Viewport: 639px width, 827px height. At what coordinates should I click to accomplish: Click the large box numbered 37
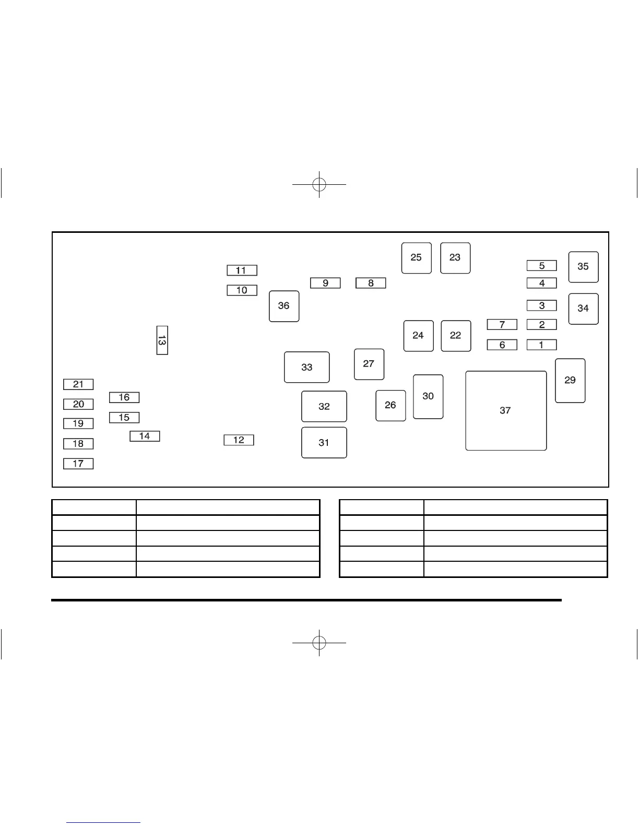505,410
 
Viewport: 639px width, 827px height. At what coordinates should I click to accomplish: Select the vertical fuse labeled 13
162,340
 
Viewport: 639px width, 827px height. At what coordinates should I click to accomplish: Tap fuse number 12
239,440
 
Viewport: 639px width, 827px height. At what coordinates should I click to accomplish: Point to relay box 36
284,306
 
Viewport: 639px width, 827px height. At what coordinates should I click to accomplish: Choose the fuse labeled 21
78,384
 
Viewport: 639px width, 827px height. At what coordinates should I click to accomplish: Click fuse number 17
78,464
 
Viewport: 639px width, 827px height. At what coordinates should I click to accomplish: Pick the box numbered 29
570,381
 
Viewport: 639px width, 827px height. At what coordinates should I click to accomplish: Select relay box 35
583,267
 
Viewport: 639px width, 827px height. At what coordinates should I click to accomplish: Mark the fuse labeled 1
541,345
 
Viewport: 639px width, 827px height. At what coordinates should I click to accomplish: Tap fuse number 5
541,266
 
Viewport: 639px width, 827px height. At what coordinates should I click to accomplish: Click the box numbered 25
416,257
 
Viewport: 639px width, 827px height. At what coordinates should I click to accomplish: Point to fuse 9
325,283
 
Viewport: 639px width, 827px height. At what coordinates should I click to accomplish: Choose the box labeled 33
306,367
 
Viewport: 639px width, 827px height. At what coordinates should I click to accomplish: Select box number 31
324,443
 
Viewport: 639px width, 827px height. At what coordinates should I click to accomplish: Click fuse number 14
145,436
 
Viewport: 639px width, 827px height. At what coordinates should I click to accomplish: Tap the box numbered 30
428,396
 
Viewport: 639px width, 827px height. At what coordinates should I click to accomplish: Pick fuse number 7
502,325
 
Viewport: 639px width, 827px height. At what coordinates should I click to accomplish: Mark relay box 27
369,364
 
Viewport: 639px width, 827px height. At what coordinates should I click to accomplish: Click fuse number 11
242,270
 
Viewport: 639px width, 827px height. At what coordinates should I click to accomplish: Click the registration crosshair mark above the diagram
319,184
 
